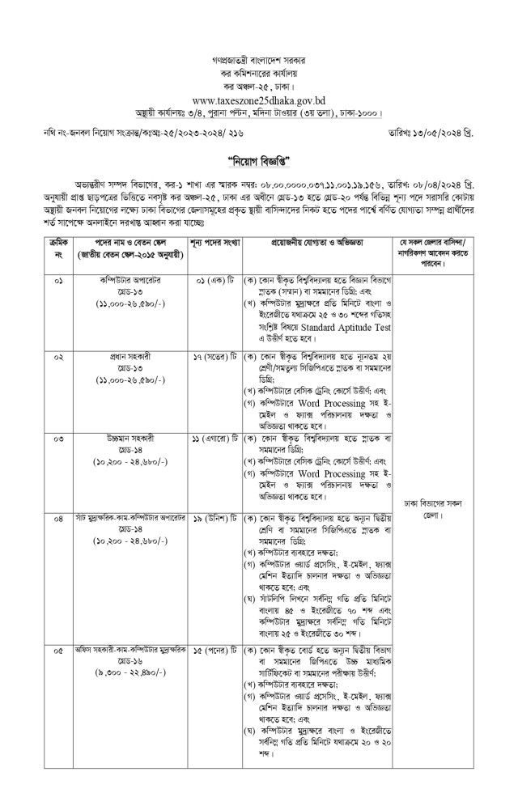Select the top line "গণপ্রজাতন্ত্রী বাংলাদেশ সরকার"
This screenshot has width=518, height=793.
tap(259, 60)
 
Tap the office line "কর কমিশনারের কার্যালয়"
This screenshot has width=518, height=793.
tap(259, 72)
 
